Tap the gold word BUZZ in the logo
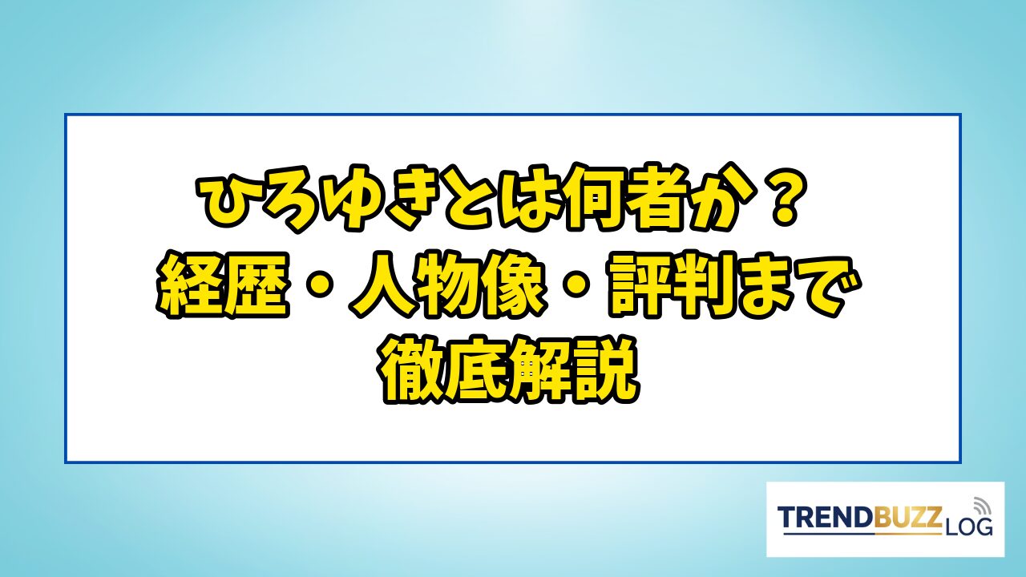(907, 517)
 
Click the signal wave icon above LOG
(981, 506)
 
